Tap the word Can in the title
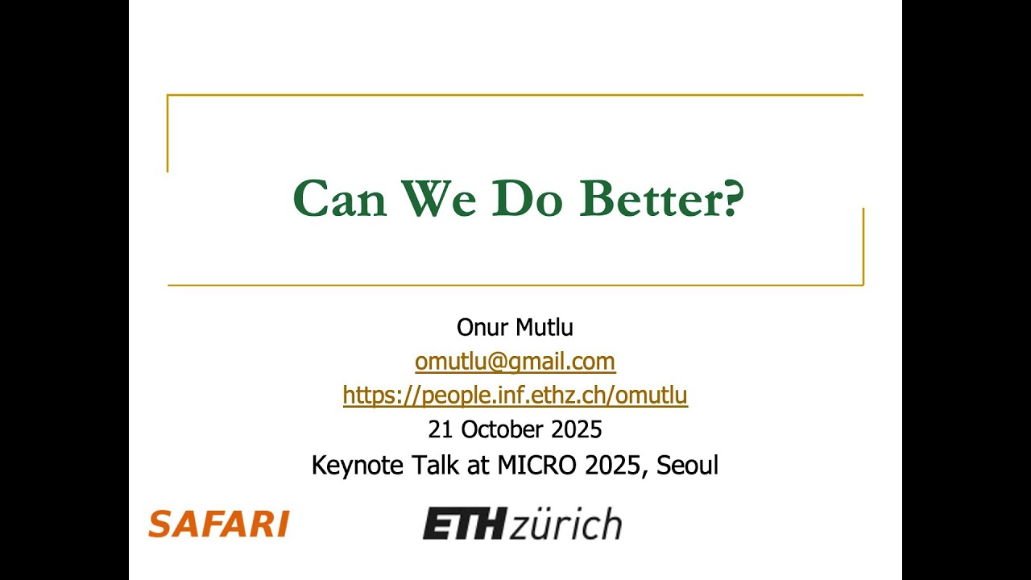pyautogui.click(x=339, y=198)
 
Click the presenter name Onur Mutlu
pyautogui.click(x=515, y=327)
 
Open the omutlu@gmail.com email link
pyautogui.click(x=515, y=362)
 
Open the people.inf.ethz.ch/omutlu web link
pyautogui.click(x=515, y=396)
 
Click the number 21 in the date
pyautogui.click(x=440, y=429)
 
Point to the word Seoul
pyautogui.click(x=687, y=465)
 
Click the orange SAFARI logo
pyautogui.click(x=218, y=524)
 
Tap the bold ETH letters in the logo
pyautogui.click(x=464, y=524)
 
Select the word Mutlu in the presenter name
pyautogui.click(x=544, y=327)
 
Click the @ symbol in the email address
pyautogui.click(x=496, y=362)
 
